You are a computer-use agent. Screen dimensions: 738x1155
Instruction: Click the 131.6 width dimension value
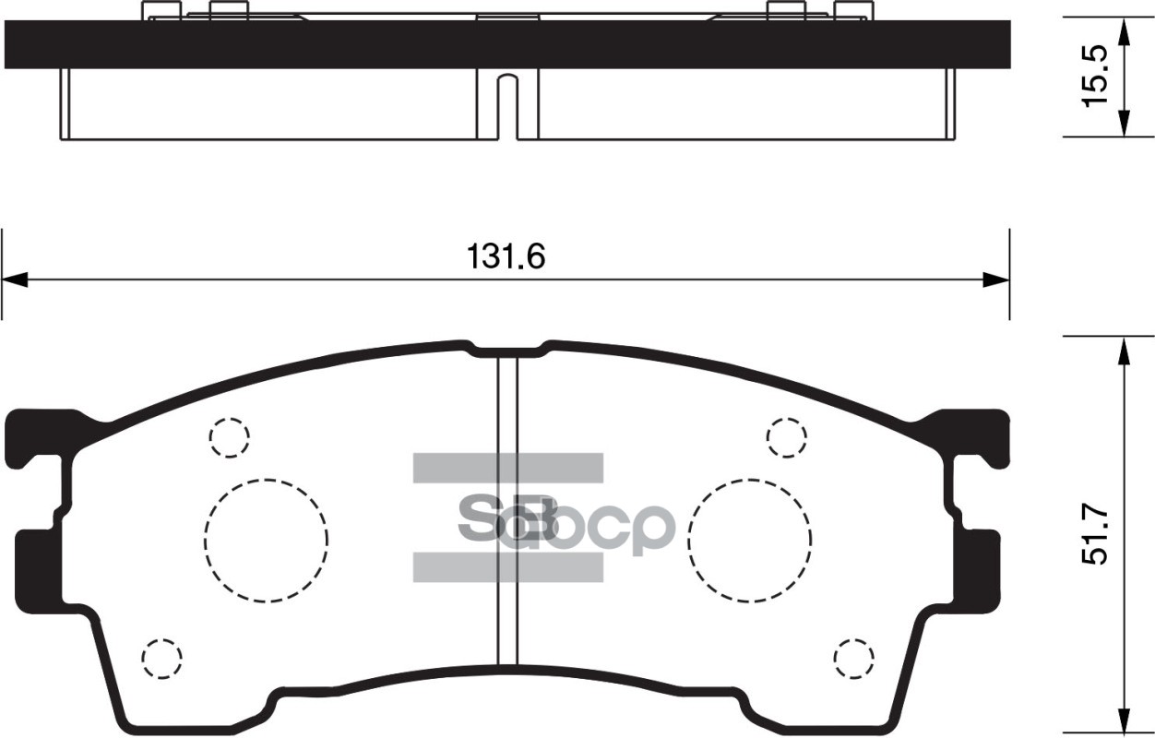click(506, 256)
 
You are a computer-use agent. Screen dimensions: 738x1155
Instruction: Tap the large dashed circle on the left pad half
click(267, 541)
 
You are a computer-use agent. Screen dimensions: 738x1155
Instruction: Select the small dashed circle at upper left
click(230, 438)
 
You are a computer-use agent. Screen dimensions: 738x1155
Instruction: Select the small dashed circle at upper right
click(787, 437)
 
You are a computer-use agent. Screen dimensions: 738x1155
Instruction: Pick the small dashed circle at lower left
click(162, 657)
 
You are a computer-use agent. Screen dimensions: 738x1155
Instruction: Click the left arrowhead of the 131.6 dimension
click(15, 280)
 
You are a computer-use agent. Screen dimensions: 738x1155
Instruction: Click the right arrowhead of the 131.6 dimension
click(995, 280)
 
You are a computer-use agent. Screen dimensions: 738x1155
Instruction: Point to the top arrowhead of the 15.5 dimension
click(1123, 31)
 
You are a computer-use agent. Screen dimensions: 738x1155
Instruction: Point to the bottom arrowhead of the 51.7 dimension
click(1123, 719)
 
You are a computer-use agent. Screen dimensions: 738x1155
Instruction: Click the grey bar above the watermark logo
click(506, 468)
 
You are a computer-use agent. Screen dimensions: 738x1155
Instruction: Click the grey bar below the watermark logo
click(506, 567)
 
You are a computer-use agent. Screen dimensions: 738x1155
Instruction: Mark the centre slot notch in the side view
click(506, 106)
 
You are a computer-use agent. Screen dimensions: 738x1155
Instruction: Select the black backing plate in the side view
click(277, 43)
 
